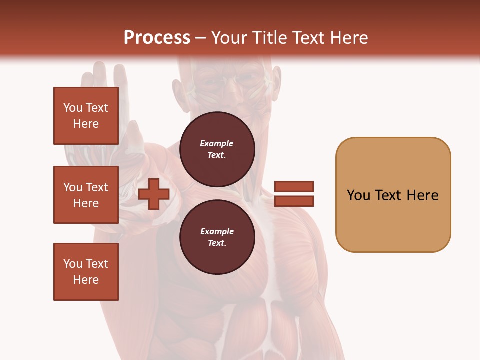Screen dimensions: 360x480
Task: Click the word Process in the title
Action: click(157, 38)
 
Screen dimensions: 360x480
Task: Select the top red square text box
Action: click(86, 116)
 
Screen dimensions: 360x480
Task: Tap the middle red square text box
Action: click(86, 195)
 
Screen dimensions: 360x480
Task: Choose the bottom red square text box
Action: click(86, 272)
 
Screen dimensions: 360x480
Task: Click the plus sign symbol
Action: click(154, 194)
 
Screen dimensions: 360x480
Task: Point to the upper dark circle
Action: click(217, 149)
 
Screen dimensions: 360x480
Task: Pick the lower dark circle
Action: click(217, 237)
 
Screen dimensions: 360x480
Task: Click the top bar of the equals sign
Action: click(294, 187)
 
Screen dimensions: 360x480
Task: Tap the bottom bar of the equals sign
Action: click(294, 201)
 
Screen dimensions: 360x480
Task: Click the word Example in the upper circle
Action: click(217, 143)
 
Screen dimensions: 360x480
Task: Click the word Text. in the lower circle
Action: click(217, 243)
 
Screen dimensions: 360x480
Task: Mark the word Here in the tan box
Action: click(422, 195)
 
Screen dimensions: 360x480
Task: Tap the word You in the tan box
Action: click(359, 195)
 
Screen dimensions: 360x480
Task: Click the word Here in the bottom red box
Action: click(86, 280)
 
